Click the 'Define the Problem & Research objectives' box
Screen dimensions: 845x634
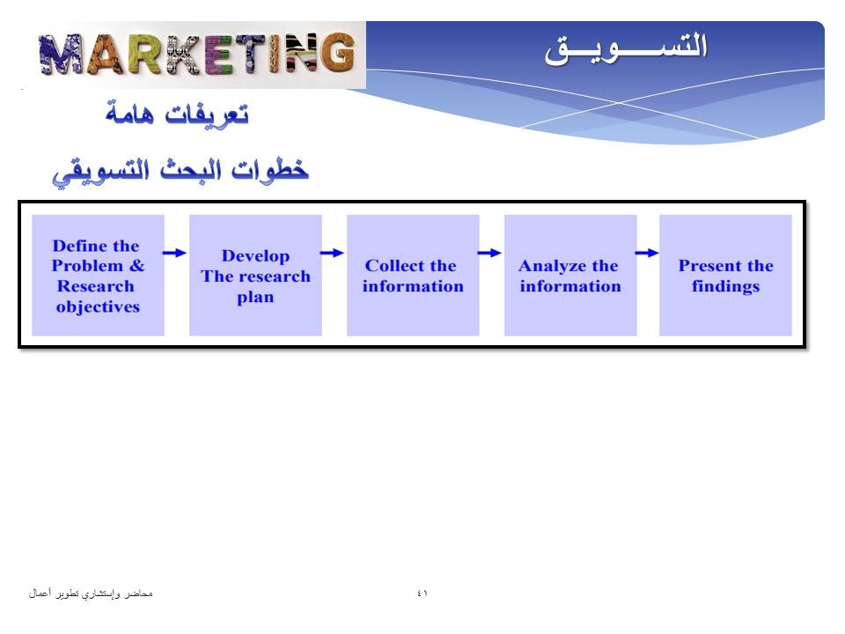click(x=98, y=276)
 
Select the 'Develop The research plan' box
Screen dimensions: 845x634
click(x=255, y=276)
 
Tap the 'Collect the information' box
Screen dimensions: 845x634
click(x=413, y=276)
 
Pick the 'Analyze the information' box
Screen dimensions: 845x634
click(x=570, y=276)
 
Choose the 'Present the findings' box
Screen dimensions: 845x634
click(x=725, y=276)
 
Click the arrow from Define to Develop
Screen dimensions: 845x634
click(x=174, y=253)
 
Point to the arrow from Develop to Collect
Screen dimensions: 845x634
click(x=332, y=253)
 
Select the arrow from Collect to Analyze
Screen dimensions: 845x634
click(x=489, y=253)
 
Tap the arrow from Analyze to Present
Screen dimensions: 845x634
click(x=647, y=253)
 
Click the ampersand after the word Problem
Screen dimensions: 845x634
click(x=137, y=266)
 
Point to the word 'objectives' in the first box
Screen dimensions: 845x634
click(x=98, y=306)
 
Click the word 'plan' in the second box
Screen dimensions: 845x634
click(x=255, y=298)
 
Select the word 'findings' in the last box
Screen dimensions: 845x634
click(x=726, y=286)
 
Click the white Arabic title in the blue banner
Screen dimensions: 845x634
click(x=625, y=49)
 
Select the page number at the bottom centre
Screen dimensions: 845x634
click(x=422, y=593)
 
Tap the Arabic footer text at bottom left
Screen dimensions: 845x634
click(x=91, y=593)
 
